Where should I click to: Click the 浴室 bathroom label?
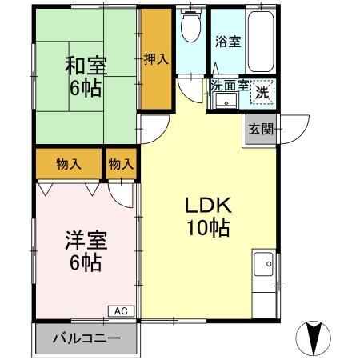[x=226, y=41]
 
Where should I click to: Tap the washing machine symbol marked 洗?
[x=262, y=92]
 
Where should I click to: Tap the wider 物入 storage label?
[x=68, y=164]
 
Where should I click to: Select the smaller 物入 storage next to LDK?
[x=121, y=164]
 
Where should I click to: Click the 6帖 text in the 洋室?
[x=83, y=262]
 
